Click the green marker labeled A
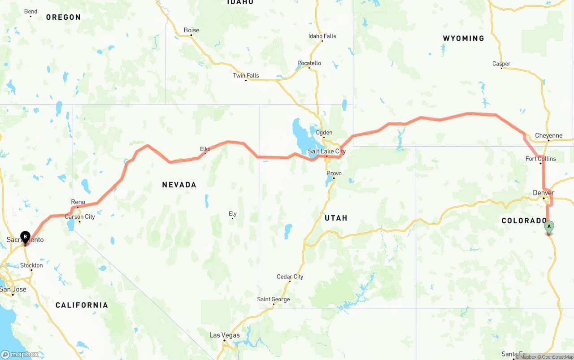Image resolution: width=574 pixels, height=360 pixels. pos(549,227)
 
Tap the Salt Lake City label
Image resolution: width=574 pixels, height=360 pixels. pos(326,152)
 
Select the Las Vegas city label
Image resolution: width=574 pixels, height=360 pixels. pos(225,335)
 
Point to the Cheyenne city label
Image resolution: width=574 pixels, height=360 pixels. pos(548,135)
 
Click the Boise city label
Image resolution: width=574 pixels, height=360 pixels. pos(191,30)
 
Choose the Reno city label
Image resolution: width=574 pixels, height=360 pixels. pos(78,202)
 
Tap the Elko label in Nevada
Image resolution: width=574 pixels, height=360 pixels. pos(205,149)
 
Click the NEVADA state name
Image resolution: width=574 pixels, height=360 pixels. pos(179,185)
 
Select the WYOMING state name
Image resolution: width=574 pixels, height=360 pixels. pos(464,39)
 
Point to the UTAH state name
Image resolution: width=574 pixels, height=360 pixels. pos(336,218)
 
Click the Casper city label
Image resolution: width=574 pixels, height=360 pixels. pos(501,64)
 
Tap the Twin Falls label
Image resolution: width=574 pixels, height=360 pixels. pos(246,75)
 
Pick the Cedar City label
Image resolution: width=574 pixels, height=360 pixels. pos(290,277)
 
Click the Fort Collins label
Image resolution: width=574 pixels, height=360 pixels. pos(541,159)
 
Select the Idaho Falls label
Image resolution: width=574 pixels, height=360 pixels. pos(322,36)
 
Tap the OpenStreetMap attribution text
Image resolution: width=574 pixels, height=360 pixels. pos(557,357)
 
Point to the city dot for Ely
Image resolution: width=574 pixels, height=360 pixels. pos(232,219)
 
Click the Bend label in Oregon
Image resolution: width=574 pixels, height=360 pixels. pos(30,11)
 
